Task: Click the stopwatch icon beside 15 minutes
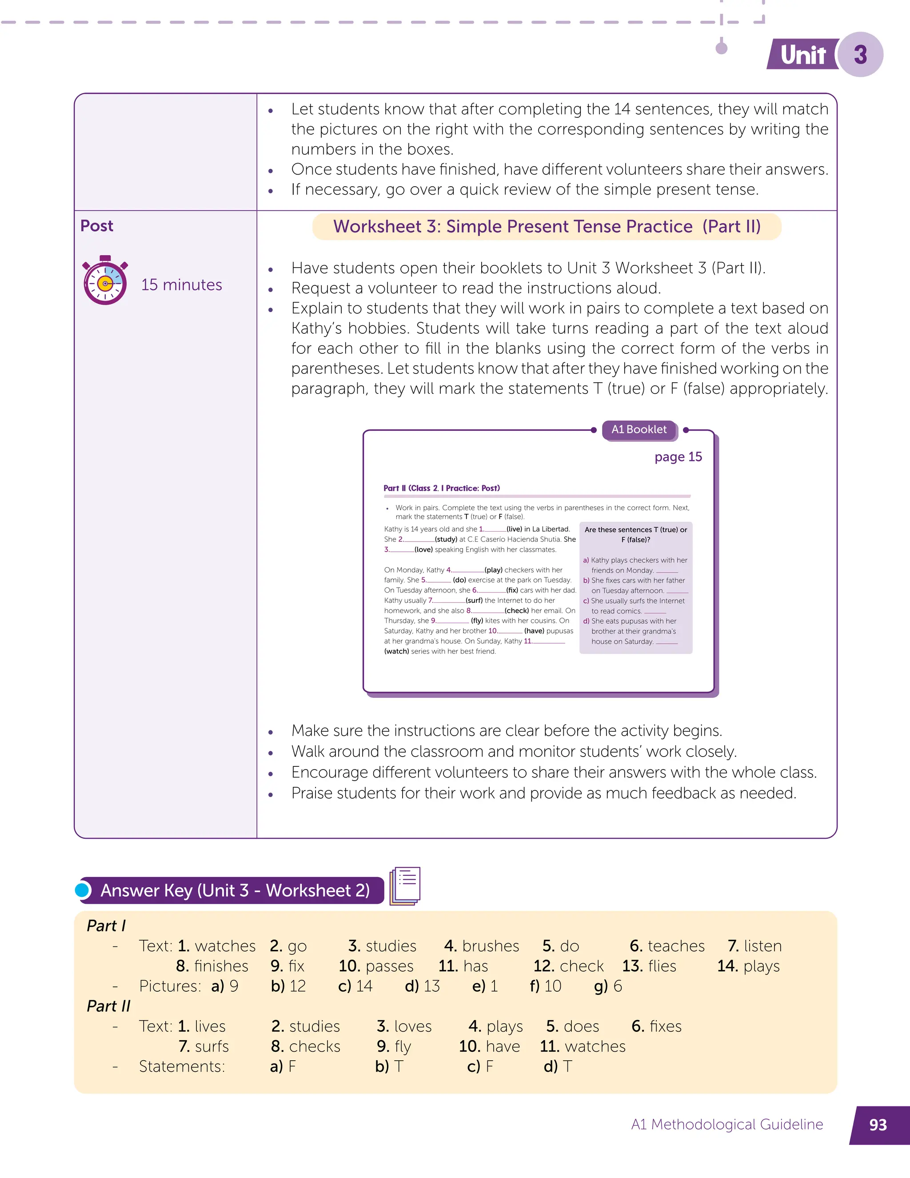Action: pyautogui.click(x=105, y=280)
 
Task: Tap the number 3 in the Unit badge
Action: pyautogui.click(x=860, y=55)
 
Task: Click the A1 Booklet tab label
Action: pyautogui.click(x=639, y=429)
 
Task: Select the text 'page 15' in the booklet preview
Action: pyautogui.click(x=678, y=457)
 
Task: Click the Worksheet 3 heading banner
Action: pyautogui.click(x=547, y=227)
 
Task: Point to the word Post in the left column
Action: pyautogui.click(x=97, y=225)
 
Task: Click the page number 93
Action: pyautogui.click(x=878, y=1125)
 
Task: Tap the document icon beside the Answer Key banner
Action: pyautogui.click(x=405, y=886)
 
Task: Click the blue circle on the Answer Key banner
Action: pyautogui.click(x=83, y=890)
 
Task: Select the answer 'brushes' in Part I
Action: pyautogui.click(x=491, y=946)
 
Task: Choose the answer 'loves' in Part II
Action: pyautogui.click(x=413, y=1026)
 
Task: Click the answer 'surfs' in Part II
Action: pyautogui.click(x=212, y=1046)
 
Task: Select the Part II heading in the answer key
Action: pyautogui.click(x=108, y=1006)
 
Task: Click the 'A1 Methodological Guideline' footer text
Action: pyautogui.click(x=727, y=1125)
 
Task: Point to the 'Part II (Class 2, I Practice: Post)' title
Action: pyautogui.click(x=442, y=488)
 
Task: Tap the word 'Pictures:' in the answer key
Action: pyautogui.click(x=170, y=986)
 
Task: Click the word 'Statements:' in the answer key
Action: pyautogui.click(x=182, y=1066)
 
